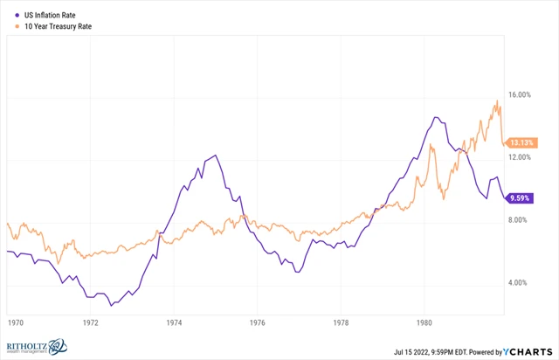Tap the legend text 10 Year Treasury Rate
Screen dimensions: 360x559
(x=53, y=28)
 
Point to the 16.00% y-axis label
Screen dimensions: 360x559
(x=521, y=94)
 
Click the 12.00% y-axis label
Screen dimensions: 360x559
(x=521, y=157)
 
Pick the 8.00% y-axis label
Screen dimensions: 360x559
(x=522, y=220)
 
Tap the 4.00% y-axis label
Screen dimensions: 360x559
(x=522, y=283)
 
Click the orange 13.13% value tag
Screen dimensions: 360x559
(x=521, y=142)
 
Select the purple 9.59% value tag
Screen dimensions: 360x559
(x=521, y=197)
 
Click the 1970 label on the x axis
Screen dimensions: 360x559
(x=15, y=322)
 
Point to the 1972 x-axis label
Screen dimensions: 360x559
(x=94, y=322)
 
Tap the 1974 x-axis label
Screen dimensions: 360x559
(x=174, y=322)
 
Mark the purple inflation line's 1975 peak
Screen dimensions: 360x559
(x=215, y=156)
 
